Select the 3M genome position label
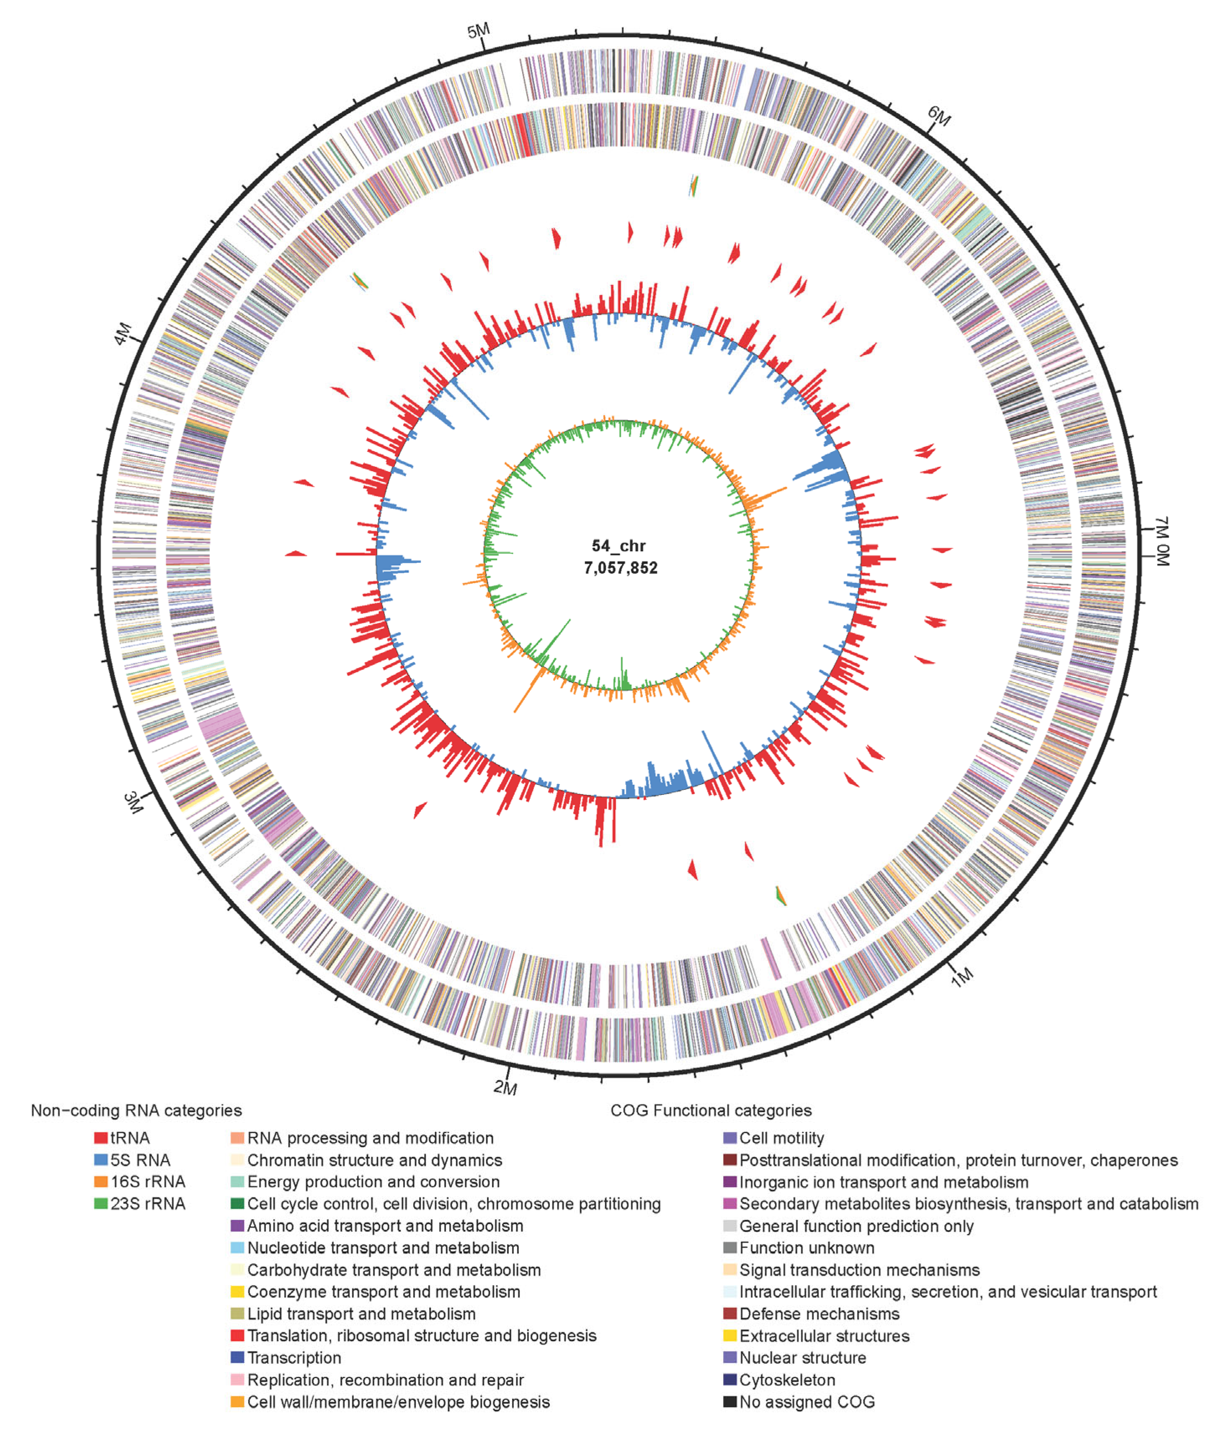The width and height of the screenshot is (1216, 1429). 133,802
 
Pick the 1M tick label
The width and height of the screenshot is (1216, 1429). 962,976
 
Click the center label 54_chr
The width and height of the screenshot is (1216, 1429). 618,546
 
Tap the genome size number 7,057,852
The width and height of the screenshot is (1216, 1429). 621,568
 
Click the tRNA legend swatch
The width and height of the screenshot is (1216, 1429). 100,1138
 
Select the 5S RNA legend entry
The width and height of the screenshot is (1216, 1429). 140,1160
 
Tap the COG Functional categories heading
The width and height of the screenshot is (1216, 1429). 711,1111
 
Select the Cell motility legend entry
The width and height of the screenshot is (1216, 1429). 781,1138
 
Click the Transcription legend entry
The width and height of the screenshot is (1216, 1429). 294,1357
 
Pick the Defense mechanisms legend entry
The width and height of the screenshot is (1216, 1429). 819,1314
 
